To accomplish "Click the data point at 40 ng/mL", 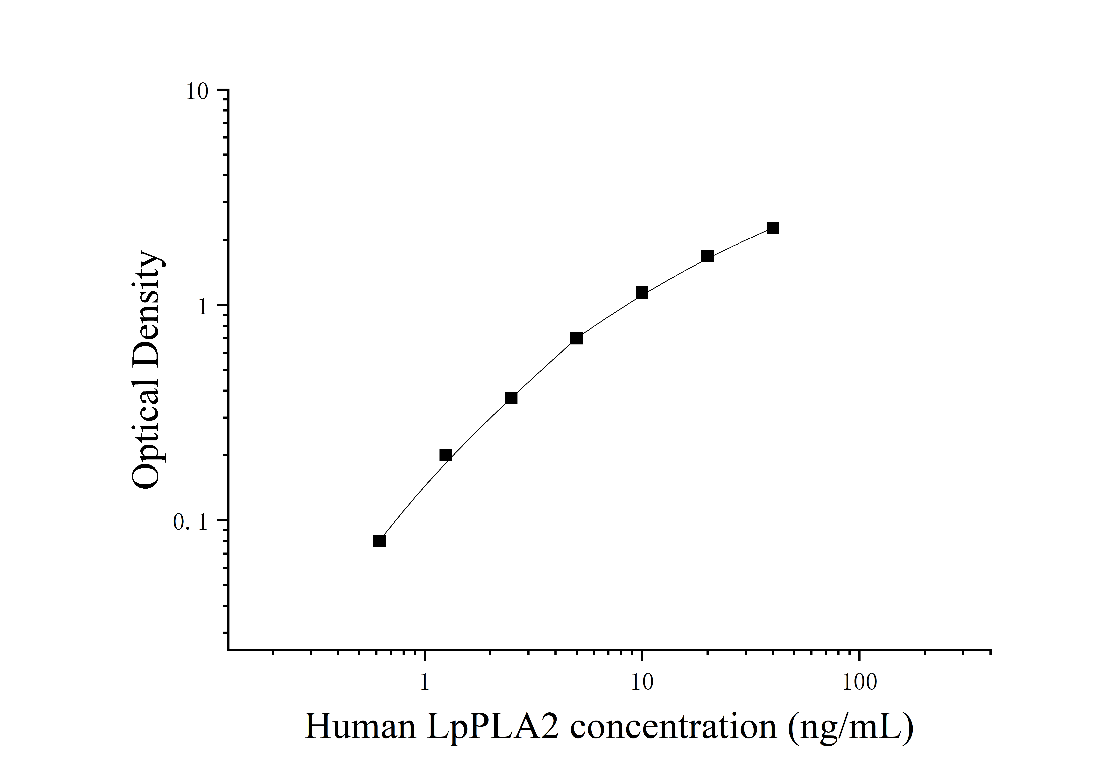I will [x=773, y=228].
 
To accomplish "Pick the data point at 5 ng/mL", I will [x=577, y=338].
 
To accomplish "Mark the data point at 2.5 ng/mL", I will [x=511, y=398].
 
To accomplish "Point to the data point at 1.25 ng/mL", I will [x=446, y=455].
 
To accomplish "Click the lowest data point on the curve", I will [x=379, y=541].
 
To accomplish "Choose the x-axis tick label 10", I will [x=642, y=683].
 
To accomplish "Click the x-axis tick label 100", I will [x=859, y=683].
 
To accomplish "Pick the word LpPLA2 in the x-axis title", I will [x=492, y=727].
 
